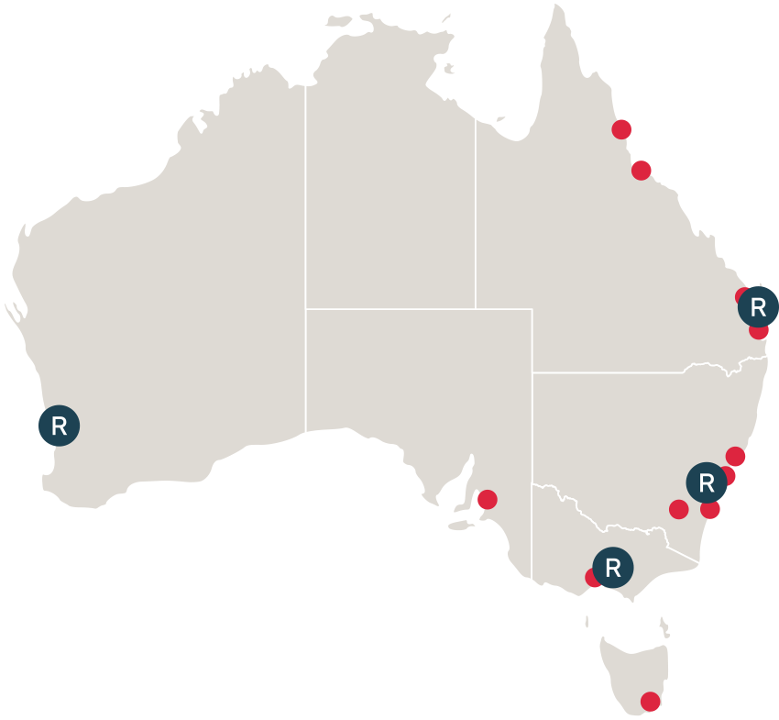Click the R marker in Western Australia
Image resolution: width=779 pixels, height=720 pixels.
point(60,426)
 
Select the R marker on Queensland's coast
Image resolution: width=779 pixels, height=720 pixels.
point(758,306)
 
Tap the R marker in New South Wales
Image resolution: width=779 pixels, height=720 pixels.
point(706,482)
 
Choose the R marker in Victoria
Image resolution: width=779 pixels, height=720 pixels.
point(613,568)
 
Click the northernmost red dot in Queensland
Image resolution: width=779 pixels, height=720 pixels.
point(622,129)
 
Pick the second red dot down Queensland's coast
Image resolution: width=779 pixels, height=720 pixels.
point(642,170)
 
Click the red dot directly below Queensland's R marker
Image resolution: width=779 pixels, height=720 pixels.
point(759,330)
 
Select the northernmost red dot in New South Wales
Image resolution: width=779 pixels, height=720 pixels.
point(735,456)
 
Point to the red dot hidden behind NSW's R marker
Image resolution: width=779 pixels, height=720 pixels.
point(728,475)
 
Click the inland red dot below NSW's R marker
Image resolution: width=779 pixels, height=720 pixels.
point(679,509)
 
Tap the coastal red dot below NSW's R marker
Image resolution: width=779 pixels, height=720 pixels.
point(710,509)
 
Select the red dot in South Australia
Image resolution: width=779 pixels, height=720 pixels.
point(488,500)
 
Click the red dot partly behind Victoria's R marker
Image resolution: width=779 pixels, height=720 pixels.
point(593,578)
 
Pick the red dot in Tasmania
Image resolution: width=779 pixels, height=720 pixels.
point(650,702)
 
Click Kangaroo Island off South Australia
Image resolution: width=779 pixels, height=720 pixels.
point(457,526)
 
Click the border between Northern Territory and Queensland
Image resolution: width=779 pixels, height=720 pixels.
point(475,220)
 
